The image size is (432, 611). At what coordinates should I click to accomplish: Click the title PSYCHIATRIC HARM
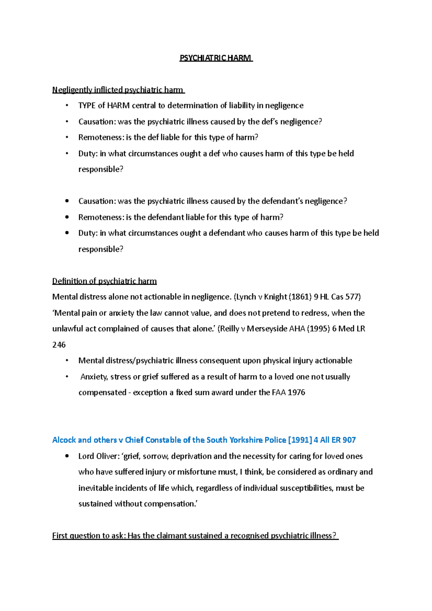click(x=216, y=58)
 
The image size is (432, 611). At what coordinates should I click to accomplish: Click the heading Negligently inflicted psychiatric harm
click(x=118, y=90)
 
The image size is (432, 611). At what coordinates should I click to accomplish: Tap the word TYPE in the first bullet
click(x=87, y=106)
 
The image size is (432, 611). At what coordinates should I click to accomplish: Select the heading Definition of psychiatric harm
click(x=104, y=281)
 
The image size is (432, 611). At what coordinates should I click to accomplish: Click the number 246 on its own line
click(x=59, y=345)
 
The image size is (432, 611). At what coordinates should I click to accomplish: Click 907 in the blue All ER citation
click(x=349, y=440)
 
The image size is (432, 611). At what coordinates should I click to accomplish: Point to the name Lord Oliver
click(x=98, y=456)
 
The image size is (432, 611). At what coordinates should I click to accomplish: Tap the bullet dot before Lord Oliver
click(x=67, y=456)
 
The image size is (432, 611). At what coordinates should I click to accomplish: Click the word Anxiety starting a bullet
click(x=94, y=377)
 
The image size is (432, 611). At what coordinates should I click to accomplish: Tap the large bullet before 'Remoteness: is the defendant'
click(x=67, y=217)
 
